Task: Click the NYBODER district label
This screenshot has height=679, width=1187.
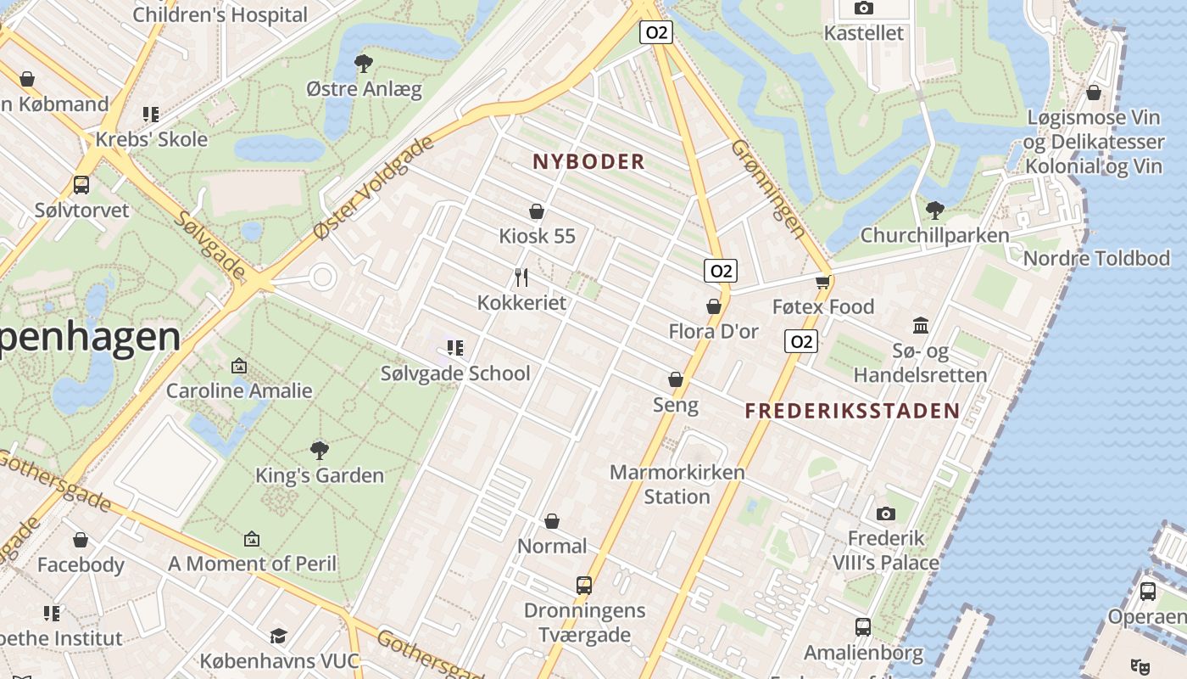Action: [x=588, y=161]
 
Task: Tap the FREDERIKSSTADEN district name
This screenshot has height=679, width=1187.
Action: [x=852, y=412]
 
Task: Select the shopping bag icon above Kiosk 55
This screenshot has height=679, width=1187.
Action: [x=536, y=210]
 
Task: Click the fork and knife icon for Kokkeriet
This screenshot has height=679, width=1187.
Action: [x=521, y=277]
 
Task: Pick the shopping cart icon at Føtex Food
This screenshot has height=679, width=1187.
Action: [x=822, y=282]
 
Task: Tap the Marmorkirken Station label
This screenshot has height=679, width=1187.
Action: [x=677, y=484]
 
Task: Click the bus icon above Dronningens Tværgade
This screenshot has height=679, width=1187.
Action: [x=584, y=585]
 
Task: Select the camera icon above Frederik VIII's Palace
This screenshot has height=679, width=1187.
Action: [x=886, y=513]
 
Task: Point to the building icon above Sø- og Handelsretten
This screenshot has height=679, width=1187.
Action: [x=921, y=325]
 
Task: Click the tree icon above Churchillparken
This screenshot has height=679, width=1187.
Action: [x=934, y=210]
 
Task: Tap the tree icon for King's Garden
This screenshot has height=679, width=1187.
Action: [x=320, y=450]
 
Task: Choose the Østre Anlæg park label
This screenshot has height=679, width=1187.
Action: [x=364, y=89]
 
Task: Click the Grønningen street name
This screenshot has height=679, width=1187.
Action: [x=768, y=188]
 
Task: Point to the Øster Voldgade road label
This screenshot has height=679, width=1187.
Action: [x=374, y=187]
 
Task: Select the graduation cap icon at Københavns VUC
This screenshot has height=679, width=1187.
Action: [x=278, y=636]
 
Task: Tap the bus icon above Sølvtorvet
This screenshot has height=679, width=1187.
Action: [x=81, y=184]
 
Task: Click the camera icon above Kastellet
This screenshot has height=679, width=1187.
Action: [x=864, y=8]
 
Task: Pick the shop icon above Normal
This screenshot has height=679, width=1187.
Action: [x=552, y=520]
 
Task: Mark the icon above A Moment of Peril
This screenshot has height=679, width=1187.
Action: [x=252, y=538]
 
